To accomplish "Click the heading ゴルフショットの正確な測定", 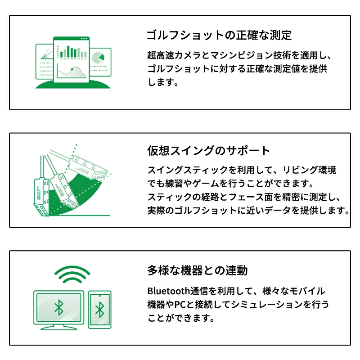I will pyautogui.click(x=220, y=35).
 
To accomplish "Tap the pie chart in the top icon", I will pyautogui.click(x=98, y=58).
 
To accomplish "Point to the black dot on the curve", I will pyautogui.click(x=72, y=69).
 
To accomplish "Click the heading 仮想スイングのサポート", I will pyautogui.click(x=209, y=150).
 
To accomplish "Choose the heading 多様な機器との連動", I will pyautogui.click(x=197, y=270).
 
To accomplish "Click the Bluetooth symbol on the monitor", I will pyautogui.click(x=58, y=308).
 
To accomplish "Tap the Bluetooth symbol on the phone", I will pyautogui.click(x=99, y=310).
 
